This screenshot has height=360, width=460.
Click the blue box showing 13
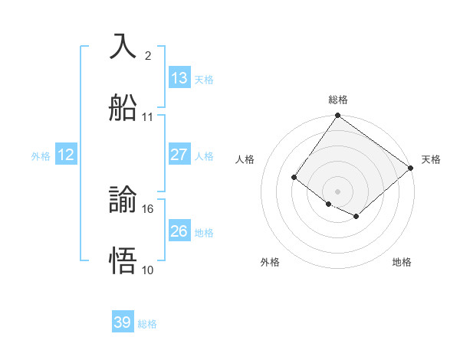[179, 77]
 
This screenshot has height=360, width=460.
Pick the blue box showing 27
[179, 154]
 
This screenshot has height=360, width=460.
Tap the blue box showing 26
[179, 231]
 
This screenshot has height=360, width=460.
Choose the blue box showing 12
[66, 154]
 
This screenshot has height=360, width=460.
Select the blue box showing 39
[123, 322]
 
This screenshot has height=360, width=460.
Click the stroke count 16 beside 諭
[149, 208]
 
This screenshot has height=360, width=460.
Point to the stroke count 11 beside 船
[148, 117]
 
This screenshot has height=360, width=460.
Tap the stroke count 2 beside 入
[147, 55]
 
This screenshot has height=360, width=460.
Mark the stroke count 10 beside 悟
[148, 270]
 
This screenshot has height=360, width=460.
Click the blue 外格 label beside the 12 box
[41, 155]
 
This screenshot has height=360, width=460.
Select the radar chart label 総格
[337, 100]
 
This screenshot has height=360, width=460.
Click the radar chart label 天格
[431, 159]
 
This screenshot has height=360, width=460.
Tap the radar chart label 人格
[245, 159]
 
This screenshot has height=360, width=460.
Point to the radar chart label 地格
[402, 262]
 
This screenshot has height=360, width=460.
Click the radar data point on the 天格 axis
[411, 167]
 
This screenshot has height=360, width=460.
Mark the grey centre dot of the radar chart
[337, 191]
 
